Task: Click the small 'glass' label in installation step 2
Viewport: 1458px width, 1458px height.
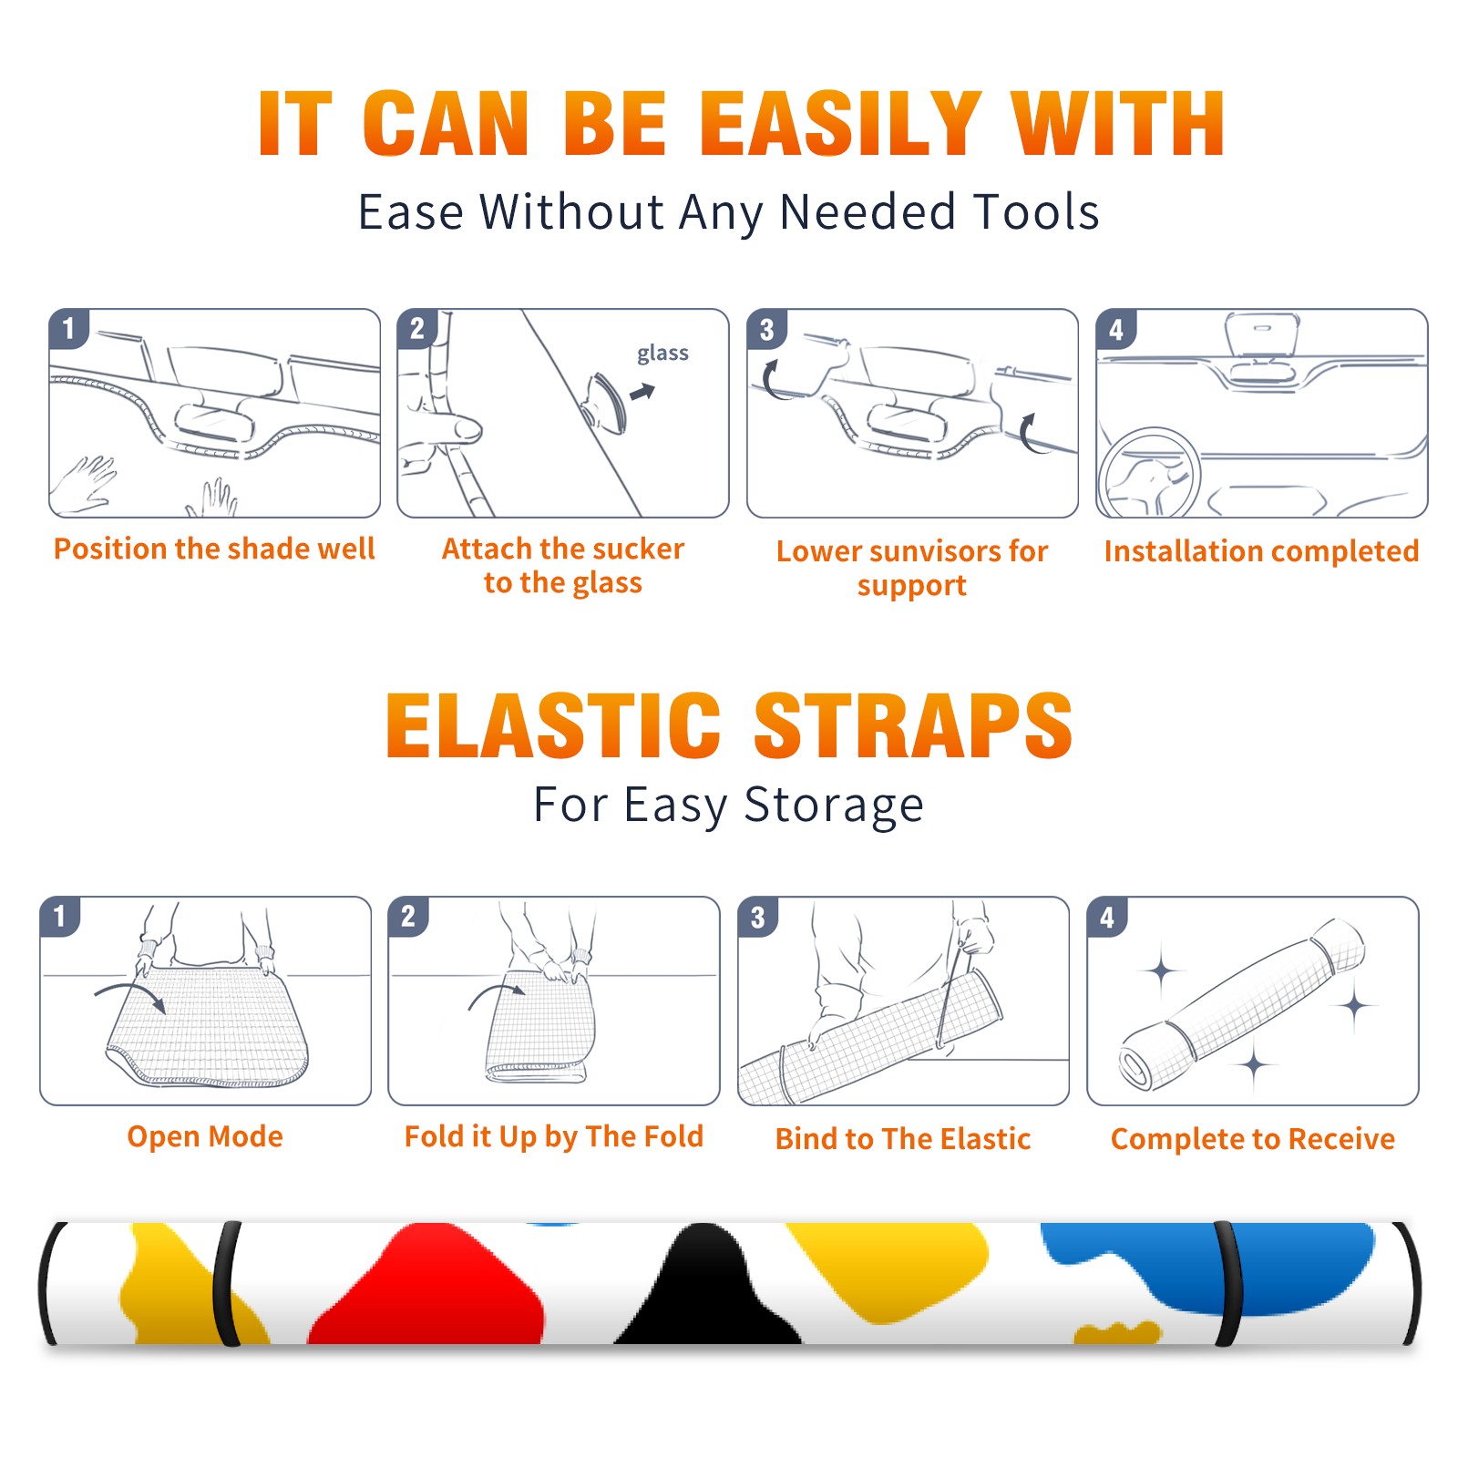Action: pyautogui.click(x=662, y=353)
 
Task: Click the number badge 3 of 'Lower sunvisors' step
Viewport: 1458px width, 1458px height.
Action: pyautogui.click(x=766, y=330)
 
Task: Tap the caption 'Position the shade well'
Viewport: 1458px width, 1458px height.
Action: pyautogui.click(x=214, y=549)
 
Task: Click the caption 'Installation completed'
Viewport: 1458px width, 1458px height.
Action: pyautogui.click(x=1261, y=550)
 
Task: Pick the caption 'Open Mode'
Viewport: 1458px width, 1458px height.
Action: pyautogui.click(x=205, y=1136)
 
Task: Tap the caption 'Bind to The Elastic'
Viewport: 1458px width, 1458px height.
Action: pyautogui.click(x=903, y=1139)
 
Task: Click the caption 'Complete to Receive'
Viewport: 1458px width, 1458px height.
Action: pyautogui.click(x=1253, y=1139)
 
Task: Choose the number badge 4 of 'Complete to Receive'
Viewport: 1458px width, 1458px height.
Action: pyautogui.click(x=1106, y=917)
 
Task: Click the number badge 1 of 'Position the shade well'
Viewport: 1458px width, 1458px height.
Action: pyautogui.click(x=68, y=328)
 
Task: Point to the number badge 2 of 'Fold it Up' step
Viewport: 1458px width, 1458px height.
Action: pyautogui.click(x=407, y=917)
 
